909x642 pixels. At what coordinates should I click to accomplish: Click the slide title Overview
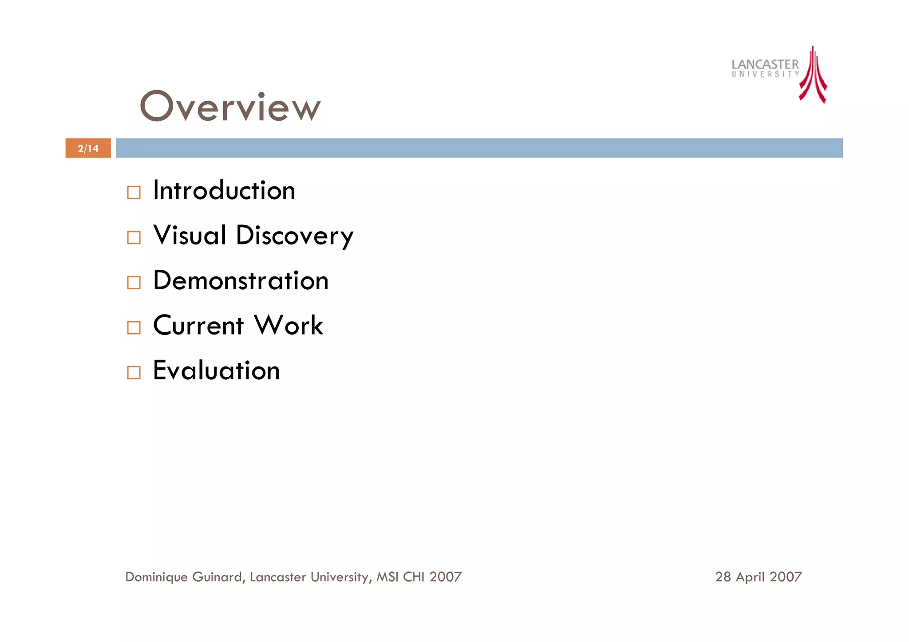(230, 106)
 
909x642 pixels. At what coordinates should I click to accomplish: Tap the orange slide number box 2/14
(88, 148)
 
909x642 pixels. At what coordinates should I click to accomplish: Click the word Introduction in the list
(224, 190)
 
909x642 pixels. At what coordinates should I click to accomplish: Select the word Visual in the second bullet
(190, 235)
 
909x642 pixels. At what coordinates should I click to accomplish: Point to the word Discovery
(295, 236)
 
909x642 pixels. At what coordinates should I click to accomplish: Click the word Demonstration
(241, 280)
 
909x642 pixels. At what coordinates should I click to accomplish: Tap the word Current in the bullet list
(198, 325)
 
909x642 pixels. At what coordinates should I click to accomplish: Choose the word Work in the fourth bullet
(289, 325)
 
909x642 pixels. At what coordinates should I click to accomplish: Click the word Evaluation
(217, 370)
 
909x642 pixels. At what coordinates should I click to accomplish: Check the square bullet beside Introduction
(134, 193)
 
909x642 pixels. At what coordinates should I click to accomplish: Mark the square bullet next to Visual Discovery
(134, 237)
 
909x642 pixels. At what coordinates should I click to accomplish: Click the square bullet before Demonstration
(134, 283)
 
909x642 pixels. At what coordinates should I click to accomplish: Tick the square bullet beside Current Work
(134, 327)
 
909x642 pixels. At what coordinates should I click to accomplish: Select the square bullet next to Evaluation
(134, 372)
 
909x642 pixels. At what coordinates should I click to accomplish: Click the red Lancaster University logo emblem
(813, 75)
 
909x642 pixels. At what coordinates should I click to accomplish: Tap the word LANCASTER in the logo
(765, 64)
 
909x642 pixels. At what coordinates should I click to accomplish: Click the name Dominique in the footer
(156, 577)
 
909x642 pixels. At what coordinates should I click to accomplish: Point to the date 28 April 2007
(759, 577)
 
